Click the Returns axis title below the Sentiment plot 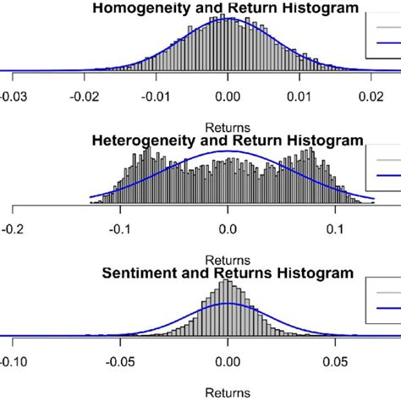point(228,393)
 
